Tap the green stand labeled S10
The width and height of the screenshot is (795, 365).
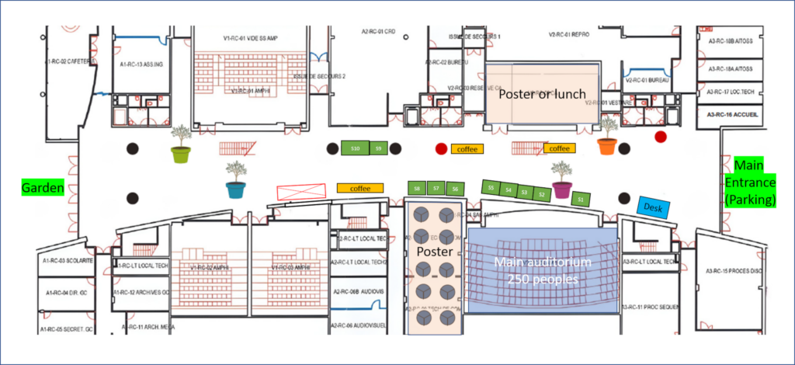pos(355,148)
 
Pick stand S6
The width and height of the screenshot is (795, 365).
pos(456,189)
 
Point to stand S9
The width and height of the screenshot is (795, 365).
pos(378,148)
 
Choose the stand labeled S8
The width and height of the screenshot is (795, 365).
pos(417,189)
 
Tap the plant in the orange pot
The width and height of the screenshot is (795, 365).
pos(607,137)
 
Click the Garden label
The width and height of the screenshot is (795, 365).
pos(42,187)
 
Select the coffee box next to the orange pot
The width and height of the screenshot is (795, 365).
pos(559,148)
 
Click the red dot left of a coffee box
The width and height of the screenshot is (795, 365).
pos(441,148)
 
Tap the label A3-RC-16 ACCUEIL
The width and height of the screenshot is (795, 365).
pos(732,114)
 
